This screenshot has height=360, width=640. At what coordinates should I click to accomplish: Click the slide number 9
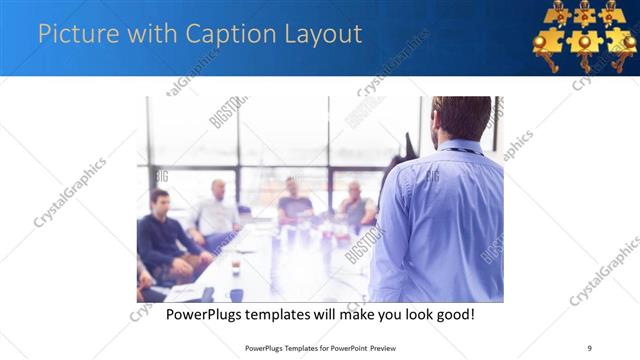(x=589, y=348)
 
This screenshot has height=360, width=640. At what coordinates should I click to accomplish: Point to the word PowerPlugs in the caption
(x=208, y=315)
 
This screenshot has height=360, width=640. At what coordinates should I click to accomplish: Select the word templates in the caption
(x=291, y=315)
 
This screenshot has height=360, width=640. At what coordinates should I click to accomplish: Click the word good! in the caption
(x=452, y=315)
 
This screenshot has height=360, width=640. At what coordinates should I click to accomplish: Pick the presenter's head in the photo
(x=462, y=117)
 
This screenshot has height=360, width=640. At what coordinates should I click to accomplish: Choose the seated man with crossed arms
(x=355, y=205)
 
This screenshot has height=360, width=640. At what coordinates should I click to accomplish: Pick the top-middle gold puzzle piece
(x=584, y=14)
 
